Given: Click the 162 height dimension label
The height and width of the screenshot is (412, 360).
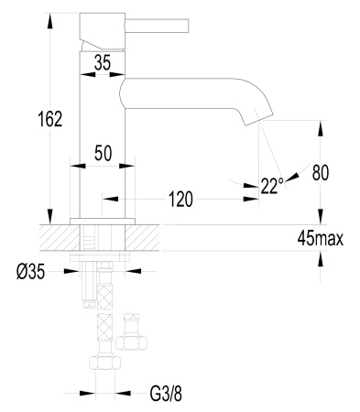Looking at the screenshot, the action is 50,119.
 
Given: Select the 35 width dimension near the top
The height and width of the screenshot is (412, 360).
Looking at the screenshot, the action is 103,63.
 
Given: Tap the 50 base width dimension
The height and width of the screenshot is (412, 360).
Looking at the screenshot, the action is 103,153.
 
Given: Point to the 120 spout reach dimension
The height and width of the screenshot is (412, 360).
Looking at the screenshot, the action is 180,200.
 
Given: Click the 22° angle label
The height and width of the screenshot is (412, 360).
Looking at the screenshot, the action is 272,186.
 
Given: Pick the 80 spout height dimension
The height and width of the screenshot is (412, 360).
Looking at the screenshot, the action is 321,173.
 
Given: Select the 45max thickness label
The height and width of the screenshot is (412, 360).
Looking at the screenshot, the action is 321,239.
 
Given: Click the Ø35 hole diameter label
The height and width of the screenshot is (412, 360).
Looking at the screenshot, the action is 30,271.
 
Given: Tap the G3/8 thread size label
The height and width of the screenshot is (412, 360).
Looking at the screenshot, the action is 166,394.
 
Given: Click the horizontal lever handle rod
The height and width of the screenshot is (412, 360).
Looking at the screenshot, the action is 157,26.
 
